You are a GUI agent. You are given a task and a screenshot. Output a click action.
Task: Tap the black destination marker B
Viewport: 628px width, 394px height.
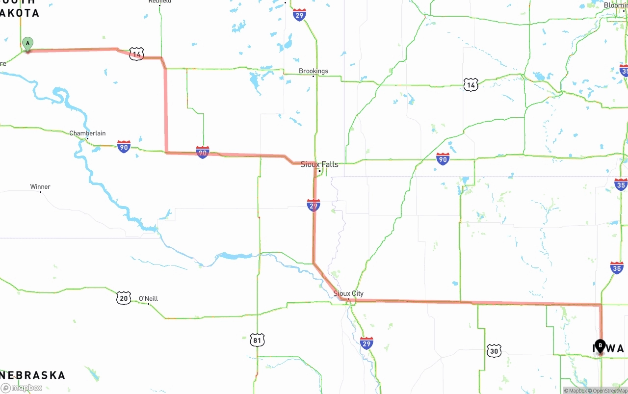click(600, 346)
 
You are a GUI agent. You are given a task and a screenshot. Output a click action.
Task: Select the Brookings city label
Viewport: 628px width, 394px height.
click(314, 71)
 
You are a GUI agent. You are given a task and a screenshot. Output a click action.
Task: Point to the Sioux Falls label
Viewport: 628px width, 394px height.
click(319, 164)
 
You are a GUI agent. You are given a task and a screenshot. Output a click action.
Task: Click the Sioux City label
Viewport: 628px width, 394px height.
click(348, 293)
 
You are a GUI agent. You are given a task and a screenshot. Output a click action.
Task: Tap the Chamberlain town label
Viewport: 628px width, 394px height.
click(87, 133)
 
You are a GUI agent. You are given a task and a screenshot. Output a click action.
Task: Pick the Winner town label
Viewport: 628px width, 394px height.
click(40, 187)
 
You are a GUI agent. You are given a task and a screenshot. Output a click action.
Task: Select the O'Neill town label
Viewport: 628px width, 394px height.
click(148, 298)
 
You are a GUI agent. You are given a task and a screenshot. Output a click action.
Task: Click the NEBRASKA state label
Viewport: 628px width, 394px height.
click(32, 375)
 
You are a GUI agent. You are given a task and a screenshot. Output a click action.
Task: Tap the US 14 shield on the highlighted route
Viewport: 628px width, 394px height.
click(136, 54)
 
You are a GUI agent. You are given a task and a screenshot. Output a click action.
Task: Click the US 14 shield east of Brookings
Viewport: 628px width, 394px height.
click(471, 85)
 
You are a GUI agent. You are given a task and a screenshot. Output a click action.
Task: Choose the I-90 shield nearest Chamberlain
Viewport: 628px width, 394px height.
click(124, 146)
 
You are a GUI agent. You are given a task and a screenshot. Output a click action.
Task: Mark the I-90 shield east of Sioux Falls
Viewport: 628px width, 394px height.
click(443, 158)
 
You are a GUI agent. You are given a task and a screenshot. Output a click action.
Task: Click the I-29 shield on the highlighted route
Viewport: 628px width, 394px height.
click(314, 205)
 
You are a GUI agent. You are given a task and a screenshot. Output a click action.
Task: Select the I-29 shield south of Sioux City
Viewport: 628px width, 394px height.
click(366, 343)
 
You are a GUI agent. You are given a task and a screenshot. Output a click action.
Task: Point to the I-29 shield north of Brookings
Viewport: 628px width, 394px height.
click(299, 14)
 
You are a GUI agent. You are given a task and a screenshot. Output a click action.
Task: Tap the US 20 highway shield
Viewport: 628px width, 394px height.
click(124, 297)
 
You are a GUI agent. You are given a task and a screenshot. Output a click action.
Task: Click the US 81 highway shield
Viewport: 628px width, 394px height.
click(257, 340)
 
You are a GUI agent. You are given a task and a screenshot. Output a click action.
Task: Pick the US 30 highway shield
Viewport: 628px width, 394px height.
click(494, 350)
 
